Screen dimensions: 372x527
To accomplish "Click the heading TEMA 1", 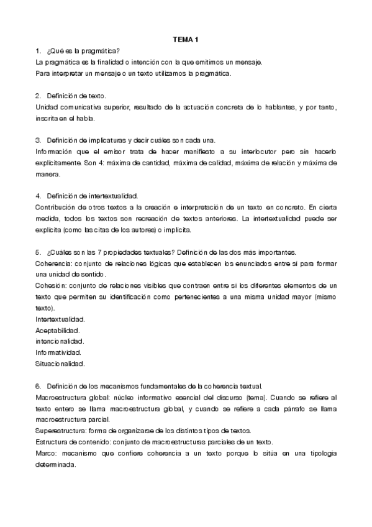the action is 186,40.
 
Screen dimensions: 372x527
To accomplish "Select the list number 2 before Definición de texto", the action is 39,96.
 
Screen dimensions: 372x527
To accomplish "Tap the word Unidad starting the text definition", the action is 47,108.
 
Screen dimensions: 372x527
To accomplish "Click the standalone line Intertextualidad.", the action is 60,319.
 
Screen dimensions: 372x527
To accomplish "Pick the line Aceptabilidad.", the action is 58,331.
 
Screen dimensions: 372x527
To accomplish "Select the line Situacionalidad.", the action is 60,364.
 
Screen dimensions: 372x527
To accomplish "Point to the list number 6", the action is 39,386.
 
